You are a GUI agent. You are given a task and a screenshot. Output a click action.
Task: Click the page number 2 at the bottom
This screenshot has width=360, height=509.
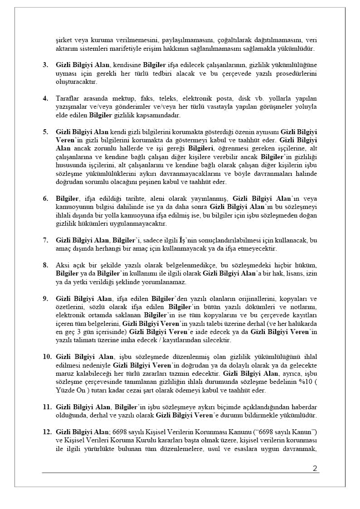point(315,468)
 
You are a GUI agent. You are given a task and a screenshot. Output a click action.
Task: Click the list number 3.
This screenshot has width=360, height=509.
point(45,65)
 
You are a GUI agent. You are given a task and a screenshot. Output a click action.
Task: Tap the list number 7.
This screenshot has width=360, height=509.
point(45,240)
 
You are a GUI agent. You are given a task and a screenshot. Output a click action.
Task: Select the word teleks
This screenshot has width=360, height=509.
point(166,98)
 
